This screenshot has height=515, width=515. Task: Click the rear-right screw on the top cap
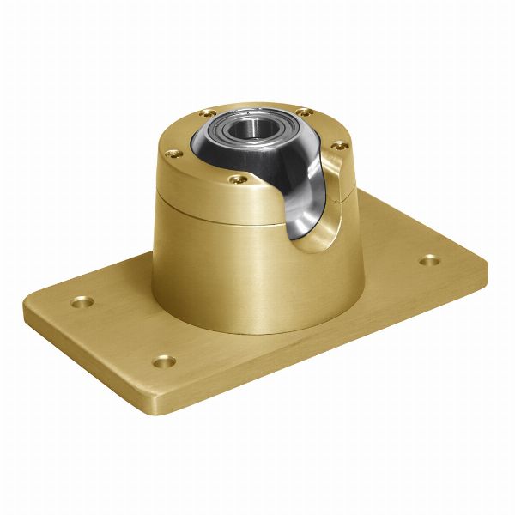click(302, 112)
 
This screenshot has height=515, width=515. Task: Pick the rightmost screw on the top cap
click(338, 145)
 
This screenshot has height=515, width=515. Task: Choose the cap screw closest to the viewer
click(239, 180)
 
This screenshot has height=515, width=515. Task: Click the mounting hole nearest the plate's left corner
click(82, 302)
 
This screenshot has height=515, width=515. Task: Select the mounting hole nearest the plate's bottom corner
click(163, 361)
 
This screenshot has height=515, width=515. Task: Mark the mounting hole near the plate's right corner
click(428, 259)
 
